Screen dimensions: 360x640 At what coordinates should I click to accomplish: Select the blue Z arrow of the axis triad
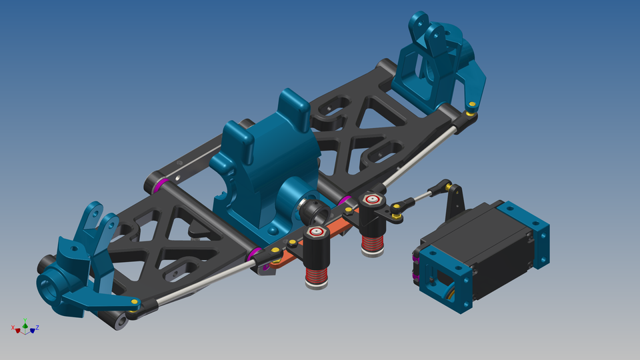[35, 328]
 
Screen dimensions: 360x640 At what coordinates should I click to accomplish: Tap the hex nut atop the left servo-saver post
[316, 231]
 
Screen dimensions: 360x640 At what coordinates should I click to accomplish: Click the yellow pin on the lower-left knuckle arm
[135, 302]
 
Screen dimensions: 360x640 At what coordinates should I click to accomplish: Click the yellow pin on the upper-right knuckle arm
[471, 105]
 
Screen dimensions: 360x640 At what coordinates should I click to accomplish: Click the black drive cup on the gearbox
[314, 212]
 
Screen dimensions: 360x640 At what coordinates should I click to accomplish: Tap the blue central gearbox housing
[267, 167]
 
